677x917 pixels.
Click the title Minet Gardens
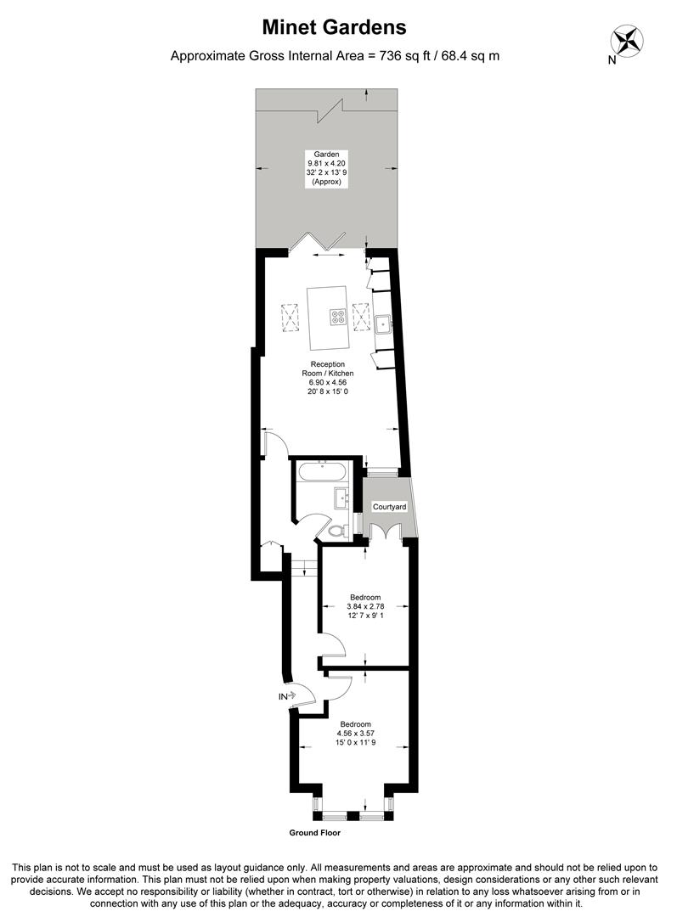334,28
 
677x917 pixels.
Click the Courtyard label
390,507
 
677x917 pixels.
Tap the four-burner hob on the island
338,316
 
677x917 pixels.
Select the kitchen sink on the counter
383,323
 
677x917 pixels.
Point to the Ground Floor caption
314,833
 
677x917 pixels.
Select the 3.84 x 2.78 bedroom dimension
365,606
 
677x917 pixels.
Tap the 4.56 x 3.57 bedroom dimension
355,734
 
